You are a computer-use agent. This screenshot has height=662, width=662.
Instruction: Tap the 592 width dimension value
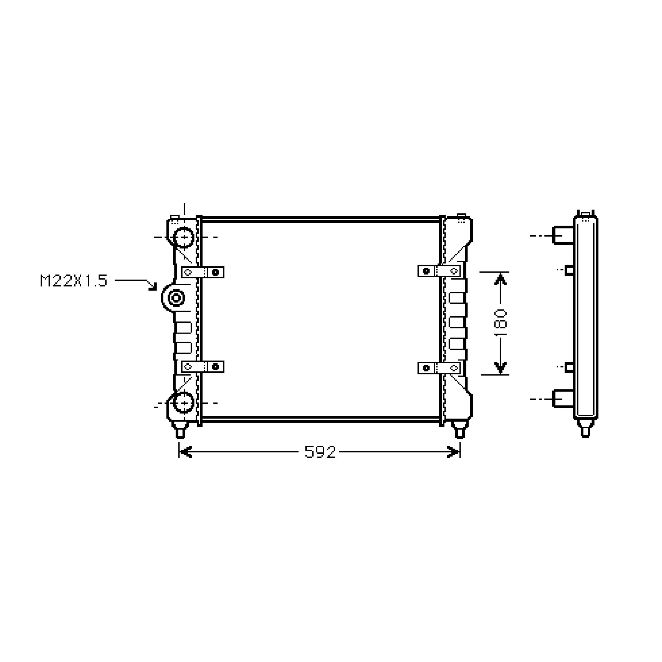(320, 452)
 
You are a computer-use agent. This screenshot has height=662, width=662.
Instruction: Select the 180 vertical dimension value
(501, 322)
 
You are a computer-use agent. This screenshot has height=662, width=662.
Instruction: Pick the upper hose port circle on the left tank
(184, 237)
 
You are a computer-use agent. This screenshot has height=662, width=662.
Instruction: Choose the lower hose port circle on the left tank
(184, 403)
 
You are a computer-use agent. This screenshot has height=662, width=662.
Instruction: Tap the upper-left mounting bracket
(202, 272)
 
